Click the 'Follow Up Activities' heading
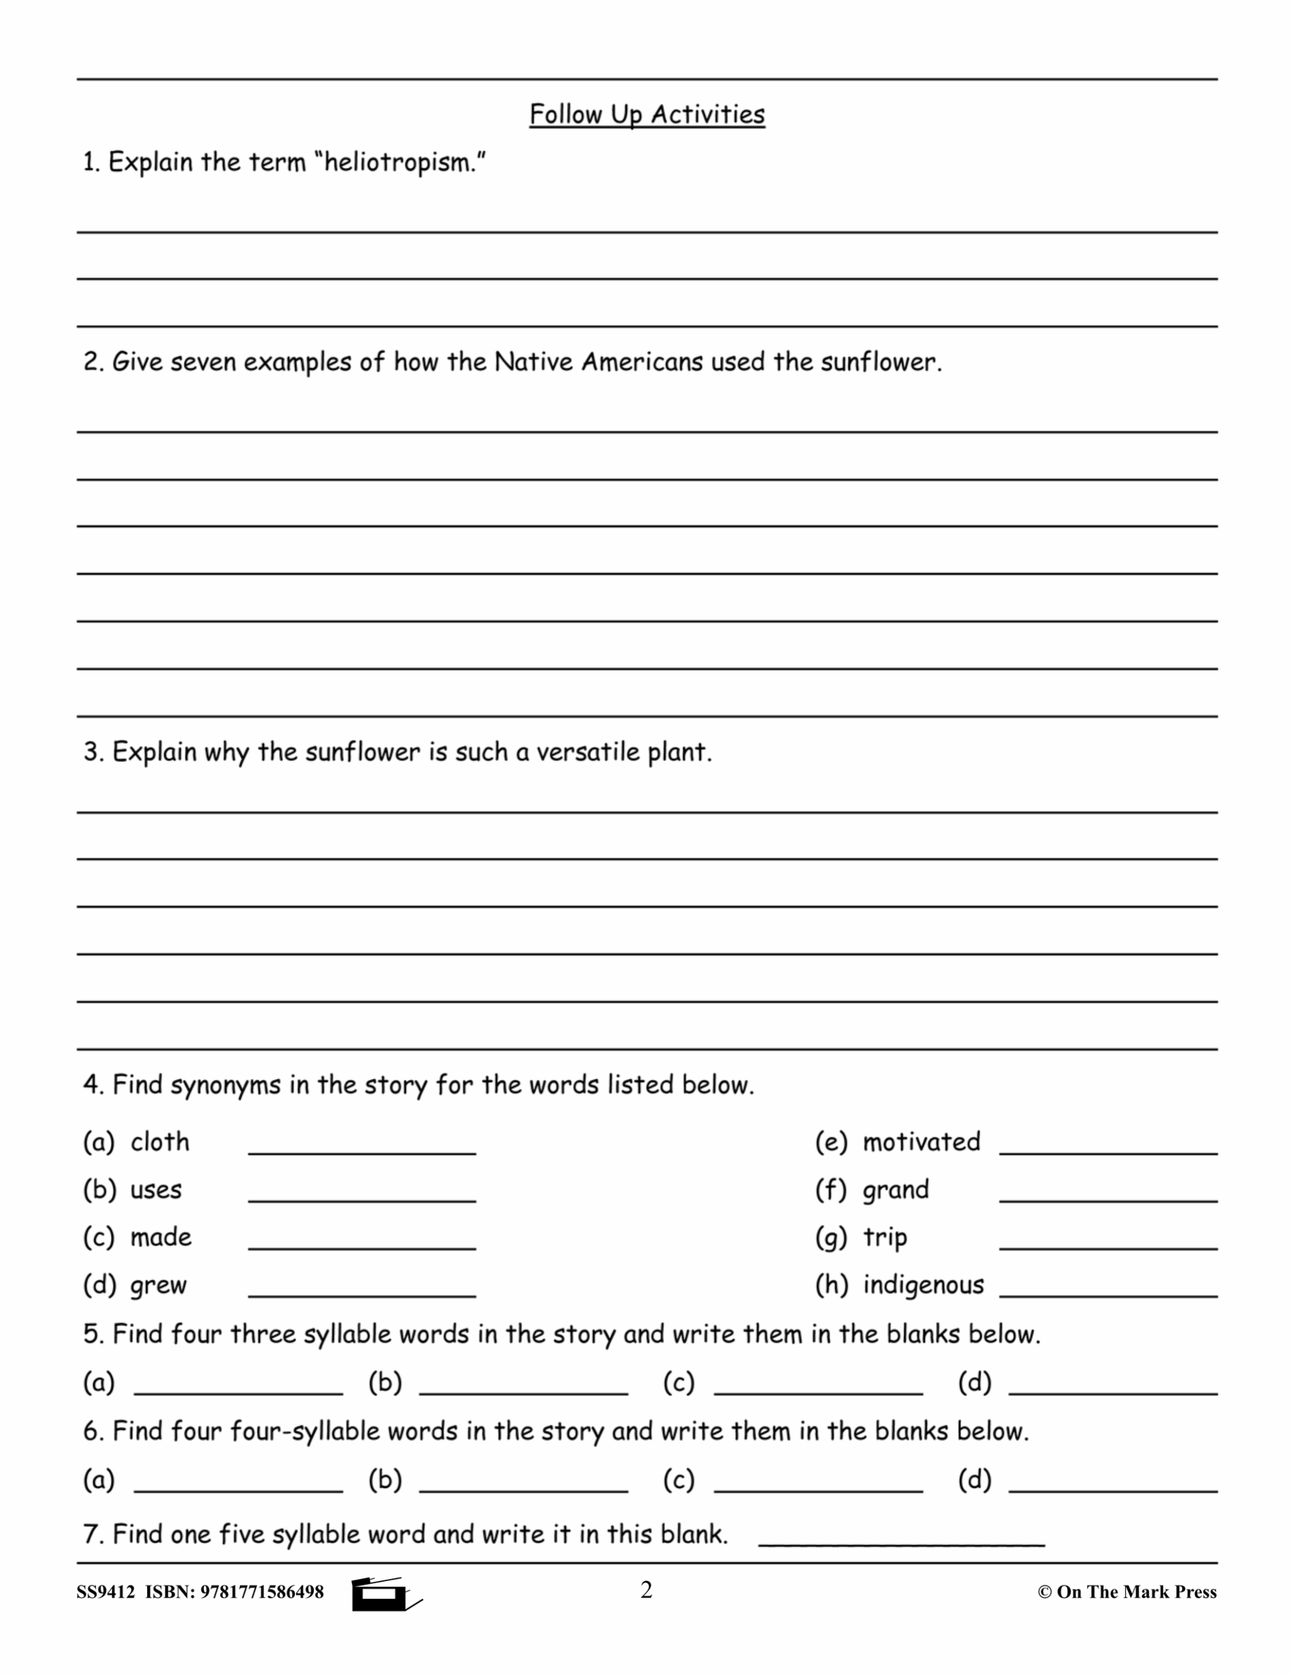(647, 115)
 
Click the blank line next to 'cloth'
(361, 1152)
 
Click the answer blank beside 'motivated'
(1108, 1152)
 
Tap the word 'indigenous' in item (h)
(923, 1285)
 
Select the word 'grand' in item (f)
(895, 1189)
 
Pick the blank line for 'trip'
(1108, 1247)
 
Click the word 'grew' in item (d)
(159, 1286)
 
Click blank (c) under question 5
(818, 1393)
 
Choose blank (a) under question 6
(239, 1490)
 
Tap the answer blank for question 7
(901, 1544)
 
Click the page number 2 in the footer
(646, 1590)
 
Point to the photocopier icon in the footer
(383, 1594)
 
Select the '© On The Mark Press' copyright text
(1127, 1593)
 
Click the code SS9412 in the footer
(105, 1593)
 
